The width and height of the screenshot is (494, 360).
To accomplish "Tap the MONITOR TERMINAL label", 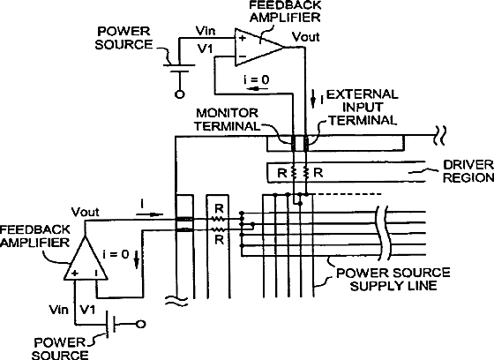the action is [x=226, y=119].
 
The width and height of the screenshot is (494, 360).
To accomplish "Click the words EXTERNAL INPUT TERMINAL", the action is [x=363, y=107].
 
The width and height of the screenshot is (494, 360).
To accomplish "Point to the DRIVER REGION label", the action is [x=468, y=171].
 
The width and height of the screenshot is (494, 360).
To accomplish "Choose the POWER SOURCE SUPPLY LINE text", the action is [x=393, y=279].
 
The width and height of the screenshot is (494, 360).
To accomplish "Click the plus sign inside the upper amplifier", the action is [x=242, y=39].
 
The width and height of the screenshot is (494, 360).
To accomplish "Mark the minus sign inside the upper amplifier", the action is [x=243, y=56].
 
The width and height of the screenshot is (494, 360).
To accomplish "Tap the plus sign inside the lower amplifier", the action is [x=75, y=273].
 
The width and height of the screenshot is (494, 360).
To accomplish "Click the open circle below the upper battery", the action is [x=180, y=94].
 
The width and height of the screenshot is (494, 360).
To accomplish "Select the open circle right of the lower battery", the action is [x=140, y=324].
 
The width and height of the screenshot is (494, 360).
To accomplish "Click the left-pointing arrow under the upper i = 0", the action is [x=258, y=88].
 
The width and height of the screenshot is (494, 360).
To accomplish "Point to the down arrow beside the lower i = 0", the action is [x=137, y=259].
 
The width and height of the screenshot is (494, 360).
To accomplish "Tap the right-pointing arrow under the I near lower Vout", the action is [x=150, y=214].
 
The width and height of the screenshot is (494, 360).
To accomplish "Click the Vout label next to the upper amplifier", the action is [x=305, y=37].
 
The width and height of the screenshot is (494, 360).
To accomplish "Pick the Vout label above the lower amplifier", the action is [x=85, y=212].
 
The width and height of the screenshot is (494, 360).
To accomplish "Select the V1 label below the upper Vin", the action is [x=205, y=49].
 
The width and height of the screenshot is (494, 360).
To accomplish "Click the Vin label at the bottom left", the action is [x=58, y=310].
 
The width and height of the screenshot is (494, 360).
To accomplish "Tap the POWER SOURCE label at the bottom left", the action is [x=60, y=349].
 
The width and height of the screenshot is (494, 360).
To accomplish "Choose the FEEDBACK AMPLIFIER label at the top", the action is [x=285, y=11].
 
